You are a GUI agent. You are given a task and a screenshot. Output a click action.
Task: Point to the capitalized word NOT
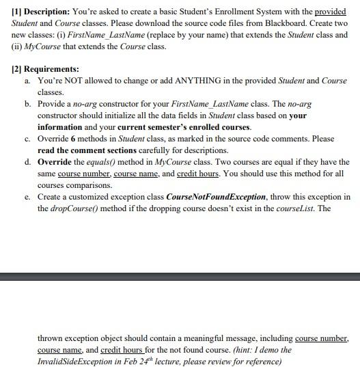[73, 81]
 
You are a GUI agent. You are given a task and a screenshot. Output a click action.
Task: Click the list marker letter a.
[27, 81]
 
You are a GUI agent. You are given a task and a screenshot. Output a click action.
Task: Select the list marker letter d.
[27, 162]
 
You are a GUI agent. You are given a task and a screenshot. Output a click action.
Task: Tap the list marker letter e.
[27, 197]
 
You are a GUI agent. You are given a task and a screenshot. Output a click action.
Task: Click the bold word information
[59, 127]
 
